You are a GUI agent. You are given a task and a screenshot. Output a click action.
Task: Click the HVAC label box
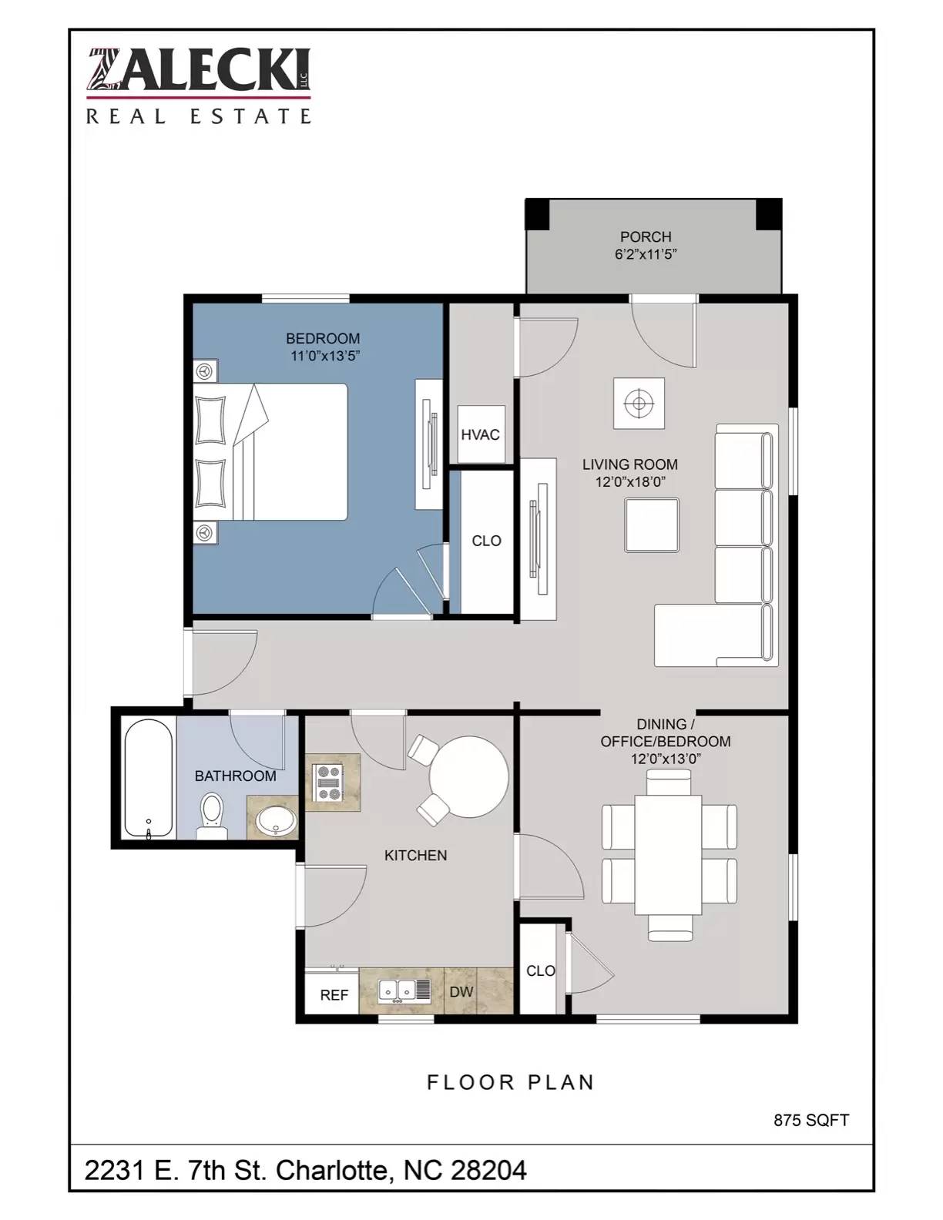(481, 434)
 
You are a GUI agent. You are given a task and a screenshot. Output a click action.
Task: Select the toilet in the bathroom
(212, 816)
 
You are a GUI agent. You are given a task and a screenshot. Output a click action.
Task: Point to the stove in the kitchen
(329, 782)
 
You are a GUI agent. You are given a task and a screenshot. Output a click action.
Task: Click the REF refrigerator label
(334, 995)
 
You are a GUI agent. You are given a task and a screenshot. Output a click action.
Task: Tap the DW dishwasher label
(461, 991)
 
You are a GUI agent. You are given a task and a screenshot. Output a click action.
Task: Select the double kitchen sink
(404, 990)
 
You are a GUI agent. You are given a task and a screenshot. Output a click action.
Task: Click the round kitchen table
(469, 776)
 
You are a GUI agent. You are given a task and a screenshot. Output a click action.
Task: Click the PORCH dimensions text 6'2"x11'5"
(646, 254)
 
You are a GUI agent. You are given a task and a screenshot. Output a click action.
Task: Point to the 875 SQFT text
(811, 1120)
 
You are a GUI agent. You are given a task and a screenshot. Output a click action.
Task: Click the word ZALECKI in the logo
(198, 69)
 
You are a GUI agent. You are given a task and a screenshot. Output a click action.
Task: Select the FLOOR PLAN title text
(510, 1082)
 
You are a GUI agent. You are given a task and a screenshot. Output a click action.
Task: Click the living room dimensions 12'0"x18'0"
(630, 481)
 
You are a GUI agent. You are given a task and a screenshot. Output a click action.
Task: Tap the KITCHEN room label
(415, 855)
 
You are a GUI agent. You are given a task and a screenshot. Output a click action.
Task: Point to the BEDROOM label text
(323, 339)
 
